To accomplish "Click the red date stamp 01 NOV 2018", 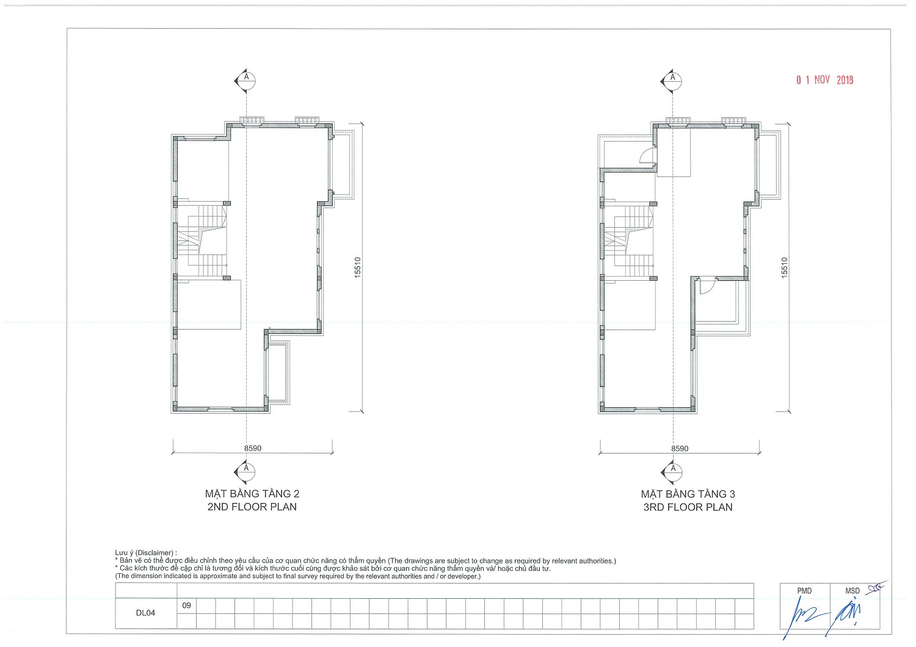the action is [x=824, y=80].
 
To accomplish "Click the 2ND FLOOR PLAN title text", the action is [x=252, y=507].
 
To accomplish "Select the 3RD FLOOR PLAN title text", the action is [x=688, y=507].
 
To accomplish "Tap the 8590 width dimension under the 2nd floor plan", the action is [x=253, y=449].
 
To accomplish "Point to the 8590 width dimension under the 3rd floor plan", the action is [x=680, y=449].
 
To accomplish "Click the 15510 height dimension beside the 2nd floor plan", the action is [x=358, y=268].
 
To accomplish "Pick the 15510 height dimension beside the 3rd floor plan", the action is [x=784, y=268].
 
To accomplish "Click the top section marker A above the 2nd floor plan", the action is [x=245, y=81].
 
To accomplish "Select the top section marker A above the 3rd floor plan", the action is [x=672, y=81].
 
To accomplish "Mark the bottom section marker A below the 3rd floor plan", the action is [x=672, y=472].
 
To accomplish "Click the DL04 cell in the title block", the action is [x=146, y=613].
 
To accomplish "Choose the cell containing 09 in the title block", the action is [x=186, y=605].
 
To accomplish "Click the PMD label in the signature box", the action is [x=804, y=591].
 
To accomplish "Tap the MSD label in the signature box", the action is [x=852, y=591].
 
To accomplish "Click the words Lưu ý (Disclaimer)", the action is [x=146, y=553].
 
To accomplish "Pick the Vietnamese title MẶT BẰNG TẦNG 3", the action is [x=688, y=494].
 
